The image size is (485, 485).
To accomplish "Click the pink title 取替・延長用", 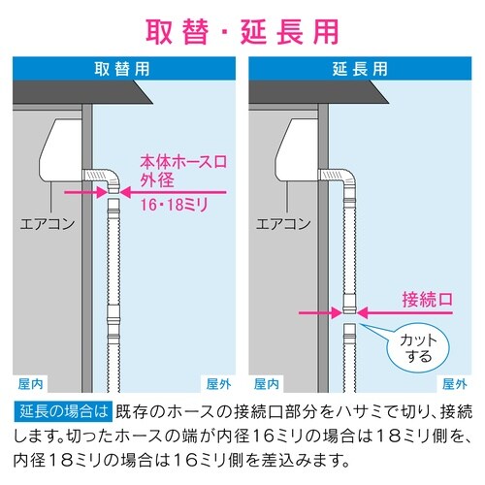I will (x=242, y=29).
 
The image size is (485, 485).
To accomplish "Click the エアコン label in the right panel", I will (x=284, y=224).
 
